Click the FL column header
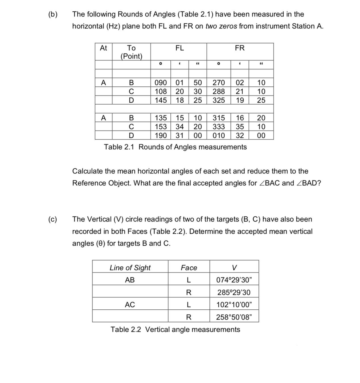tap(179, 48)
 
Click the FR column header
tap(240, 48)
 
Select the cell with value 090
tap(161, 83)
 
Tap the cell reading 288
tap(219, 92)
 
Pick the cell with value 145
tap(161, 100)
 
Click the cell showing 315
tap(219, 118)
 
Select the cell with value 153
tap(161, 127)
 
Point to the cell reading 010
tap(219, 136)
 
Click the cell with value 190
tap(161, 136)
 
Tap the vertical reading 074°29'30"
tap(234, 280)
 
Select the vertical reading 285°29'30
tap(234, 292)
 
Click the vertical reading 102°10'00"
tap(234, 305)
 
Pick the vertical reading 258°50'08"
tap(234, 317)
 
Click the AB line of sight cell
tap(130, 280)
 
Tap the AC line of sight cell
tap(130, 305)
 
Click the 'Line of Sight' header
tap(130, 268)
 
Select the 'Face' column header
tap(189, 268)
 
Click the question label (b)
tap(53, 14)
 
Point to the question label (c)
tap(53, 219)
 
